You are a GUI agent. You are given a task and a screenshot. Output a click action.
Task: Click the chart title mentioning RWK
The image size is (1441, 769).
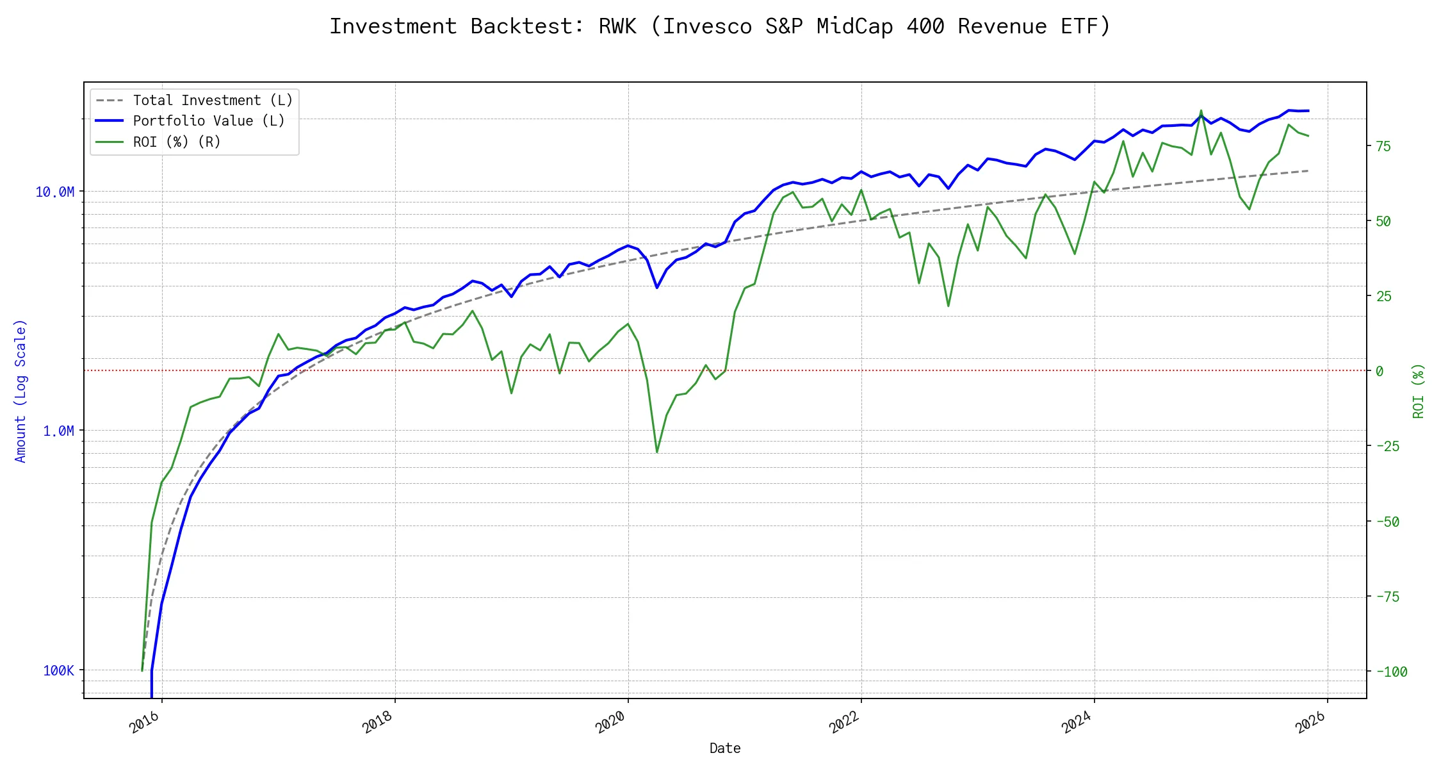[720, 26]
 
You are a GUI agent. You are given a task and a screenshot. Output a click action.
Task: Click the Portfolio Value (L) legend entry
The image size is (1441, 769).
[209, 121]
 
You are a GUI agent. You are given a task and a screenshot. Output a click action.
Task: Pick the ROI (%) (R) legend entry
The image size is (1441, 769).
[177, 142]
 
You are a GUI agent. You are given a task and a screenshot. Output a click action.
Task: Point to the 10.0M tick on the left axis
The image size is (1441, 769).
[55, 192]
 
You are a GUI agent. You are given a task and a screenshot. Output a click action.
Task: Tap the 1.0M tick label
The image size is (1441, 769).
[58, 431]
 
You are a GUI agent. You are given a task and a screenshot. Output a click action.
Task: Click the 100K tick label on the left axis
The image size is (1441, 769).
[58, 671]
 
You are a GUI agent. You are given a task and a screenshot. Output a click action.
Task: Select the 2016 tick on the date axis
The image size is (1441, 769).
[145, 723]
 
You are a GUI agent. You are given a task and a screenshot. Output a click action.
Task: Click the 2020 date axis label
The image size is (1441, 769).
[610, 723]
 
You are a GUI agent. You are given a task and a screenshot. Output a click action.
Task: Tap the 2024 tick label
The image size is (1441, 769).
[1077, 723]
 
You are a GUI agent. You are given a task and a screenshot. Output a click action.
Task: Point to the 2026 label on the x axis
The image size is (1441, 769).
[1310, 723]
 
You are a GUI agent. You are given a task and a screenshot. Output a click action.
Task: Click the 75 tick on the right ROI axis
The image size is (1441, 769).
[1383, 146]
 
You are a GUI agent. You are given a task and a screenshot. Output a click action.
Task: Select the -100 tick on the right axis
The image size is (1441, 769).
[1391, 672]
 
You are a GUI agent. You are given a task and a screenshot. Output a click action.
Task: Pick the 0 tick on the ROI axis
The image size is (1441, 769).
[1380, 371]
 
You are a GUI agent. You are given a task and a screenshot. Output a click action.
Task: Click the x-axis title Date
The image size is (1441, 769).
[725, 748]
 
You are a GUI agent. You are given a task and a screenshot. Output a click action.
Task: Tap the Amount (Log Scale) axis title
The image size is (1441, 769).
[20, 391]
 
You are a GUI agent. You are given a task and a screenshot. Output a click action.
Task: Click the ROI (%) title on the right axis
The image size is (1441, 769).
[1419, 391]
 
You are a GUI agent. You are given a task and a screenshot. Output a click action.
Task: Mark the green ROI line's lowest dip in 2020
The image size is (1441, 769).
[657, 452]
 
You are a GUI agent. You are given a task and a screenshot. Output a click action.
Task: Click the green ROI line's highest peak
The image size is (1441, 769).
[1201, 110]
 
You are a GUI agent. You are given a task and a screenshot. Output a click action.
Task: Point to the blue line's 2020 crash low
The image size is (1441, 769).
[657, 288]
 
